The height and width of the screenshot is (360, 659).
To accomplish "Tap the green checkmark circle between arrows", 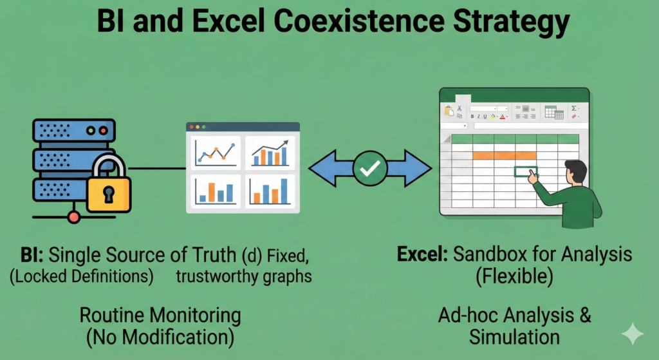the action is pyautogui.click(x=370, y=168).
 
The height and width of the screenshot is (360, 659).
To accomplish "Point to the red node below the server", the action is pyautogui.click(x=74, y=217).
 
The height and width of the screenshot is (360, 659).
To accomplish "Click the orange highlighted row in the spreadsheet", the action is pyautogui.click(x=505, y=156).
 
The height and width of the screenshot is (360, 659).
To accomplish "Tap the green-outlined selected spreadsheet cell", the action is pyautogui.click(x=525, y=171).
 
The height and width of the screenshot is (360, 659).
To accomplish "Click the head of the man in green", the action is pyautogui.click(x=576, y=172).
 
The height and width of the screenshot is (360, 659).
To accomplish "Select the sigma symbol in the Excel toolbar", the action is pyautogui.click(x=573, y=108).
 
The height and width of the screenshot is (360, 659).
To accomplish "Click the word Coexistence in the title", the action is pyautogui.click(x=361, y=21).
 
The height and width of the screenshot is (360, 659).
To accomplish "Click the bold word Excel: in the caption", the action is pyautogui.click(x=422, y=254).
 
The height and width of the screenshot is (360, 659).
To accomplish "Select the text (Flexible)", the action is pyautogui.click(x=514, y=277).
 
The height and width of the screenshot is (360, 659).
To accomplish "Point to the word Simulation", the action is pyautogui.click(x=514, y=337).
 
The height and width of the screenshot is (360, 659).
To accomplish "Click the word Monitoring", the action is pyautogui.click(x=195, y=316).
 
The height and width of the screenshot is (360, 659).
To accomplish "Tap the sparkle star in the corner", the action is pyautogui.click(x=633, y=334).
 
